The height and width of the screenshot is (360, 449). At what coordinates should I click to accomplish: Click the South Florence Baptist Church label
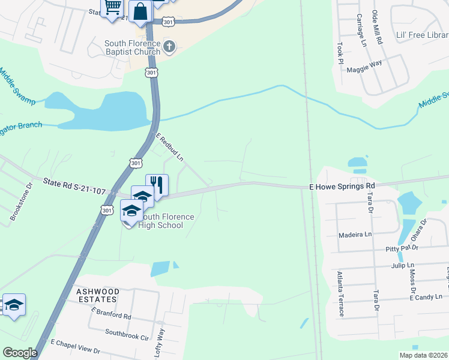(132, 47)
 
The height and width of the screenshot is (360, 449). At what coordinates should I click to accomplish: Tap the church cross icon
(169, 47)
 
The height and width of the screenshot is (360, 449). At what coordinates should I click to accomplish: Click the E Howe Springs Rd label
(342, 187)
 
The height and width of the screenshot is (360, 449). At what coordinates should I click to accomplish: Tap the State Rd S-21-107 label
(74, 185)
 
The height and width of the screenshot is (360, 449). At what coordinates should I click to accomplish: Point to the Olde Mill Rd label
(377, 29)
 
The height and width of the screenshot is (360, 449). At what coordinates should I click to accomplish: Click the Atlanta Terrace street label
(340, 293)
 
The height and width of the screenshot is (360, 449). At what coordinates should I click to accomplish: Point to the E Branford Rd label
(111, 313)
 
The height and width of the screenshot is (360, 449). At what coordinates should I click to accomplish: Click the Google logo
(20, 353)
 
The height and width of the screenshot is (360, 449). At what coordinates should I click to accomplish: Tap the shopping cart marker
(112, 7)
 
